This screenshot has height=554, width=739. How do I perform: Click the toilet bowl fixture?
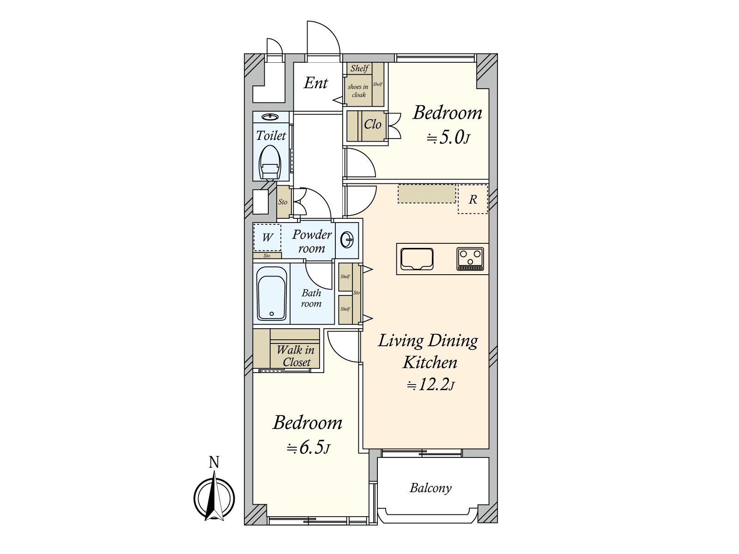(x=270, y=163)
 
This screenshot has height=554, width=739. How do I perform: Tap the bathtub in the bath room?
(x=272, y=294)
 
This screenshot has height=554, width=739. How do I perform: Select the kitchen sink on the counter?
(x=417, y=259)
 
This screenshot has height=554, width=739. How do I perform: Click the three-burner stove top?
(x=470, y=259)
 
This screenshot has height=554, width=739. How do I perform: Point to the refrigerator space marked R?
(x=472, y=199)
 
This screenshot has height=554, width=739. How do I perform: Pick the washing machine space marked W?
(x=267, y=237)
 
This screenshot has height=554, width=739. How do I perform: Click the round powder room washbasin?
(x=346, y=240)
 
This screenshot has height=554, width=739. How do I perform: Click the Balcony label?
(x=430, y=488)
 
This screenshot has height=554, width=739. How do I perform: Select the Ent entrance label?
(x=315, y=83)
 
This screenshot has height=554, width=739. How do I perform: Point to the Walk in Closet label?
(x=295, y=356)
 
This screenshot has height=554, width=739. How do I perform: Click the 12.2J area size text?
(x=430, y=385)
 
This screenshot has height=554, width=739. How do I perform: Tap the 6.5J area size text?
(x=308, y=448)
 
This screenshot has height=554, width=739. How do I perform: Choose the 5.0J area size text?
(x=448, y=138)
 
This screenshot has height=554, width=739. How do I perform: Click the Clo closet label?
(x=372, y=125)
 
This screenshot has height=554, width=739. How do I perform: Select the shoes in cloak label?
(x=358, y=91)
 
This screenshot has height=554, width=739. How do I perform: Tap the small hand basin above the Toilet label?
(x=270, y=117)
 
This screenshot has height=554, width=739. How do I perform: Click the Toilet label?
(x=271, y=136)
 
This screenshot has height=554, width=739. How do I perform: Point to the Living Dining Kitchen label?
(x=428, y=351)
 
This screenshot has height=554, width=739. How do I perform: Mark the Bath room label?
(x=311, y=298)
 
